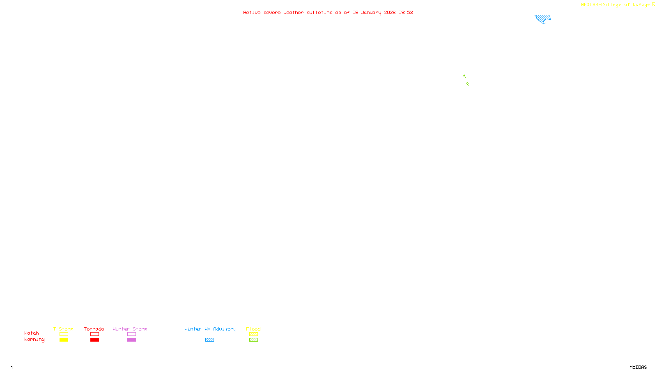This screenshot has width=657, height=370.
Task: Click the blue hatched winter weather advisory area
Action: click(542, 18)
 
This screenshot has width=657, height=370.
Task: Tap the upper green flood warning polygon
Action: click(464, 76)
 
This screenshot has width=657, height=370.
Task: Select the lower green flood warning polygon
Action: click(467, 84)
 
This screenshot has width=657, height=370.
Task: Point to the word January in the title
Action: click(371, 13)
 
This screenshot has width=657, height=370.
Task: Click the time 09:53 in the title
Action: click(405, 13)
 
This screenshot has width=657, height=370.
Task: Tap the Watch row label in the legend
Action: click(32, 333)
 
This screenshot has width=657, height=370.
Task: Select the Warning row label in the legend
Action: click(34, 340)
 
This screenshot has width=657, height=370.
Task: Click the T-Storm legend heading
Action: click(63, 329)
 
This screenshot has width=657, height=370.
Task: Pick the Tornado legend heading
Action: click(94, 329)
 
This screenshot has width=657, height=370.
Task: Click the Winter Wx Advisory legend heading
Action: click(210, 329)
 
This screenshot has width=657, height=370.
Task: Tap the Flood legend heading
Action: click(253, 329)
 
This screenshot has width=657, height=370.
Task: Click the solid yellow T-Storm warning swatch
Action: click(64, 340)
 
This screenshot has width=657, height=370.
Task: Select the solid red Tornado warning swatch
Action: click(94, 340)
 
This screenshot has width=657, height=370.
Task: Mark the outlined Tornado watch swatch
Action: click(94, 334)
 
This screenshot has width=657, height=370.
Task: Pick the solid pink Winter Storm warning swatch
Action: click(131, 340)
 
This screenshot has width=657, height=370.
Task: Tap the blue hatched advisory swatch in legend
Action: click(209, 340)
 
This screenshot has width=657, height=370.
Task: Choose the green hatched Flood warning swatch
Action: click(253, 340)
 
